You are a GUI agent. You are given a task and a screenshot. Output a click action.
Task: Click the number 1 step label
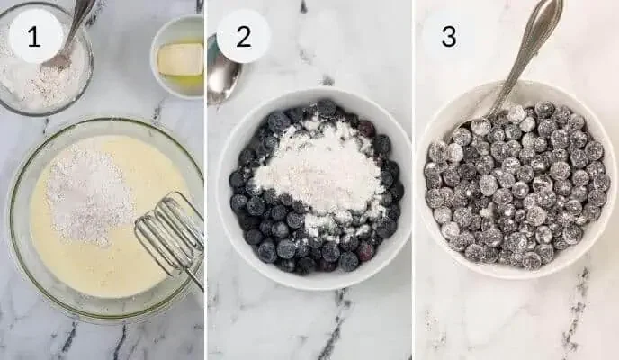tap(35, 36)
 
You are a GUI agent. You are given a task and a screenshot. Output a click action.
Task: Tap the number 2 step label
tap(243, 36)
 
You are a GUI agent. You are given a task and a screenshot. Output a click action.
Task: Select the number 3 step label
tap(448, 36)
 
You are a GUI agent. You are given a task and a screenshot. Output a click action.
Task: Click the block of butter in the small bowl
tap(180, 58)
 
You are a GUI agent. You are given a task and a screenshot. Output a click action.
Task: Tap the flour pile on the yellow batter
tap(89, 193)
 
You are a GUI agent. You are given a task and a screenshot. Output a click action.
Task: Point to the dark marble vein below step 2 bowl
tap(333, 324)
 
